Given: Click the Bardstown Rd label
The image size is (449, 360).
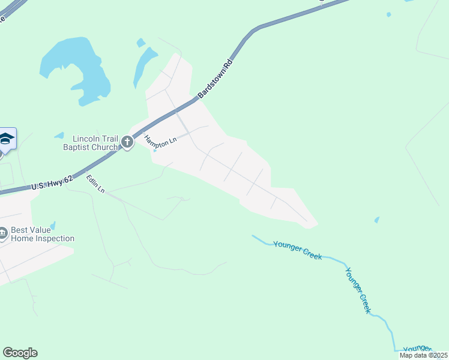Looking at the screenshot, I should click(214, 78).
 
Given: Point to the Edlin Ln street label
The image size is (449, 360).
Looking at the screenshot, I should click(95, 184).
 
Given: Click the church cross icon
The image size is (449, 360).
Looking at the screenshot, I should click(127, 142).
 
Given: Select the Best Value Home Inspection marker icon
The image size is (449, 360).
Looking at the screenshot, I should click(3, 233).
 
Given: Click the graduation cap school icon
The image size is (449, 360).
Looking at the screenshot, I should click(6, 139).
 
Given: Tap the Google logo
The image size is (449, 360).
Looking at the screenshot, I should click(20, 353).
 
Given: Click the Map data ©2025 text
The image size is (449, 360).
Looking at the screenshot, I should click(423, 355).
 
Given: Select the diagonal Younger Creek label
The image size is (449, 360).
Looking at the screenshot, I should click(358, 289).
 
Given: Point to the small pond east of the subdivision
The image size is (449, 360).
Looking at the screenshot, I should click(376, 220).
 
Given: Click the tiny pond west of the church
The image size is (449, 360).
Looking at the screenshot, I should click(59, 136).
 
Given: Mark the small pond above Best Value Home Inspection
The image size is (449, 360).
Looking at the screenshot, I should click(53, 226).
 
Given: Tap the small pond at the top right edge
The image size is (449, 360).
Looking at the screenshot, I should click(389, 14).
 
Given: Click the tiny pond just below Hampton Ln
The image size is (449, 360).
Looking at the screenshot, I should click(155, 151).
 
